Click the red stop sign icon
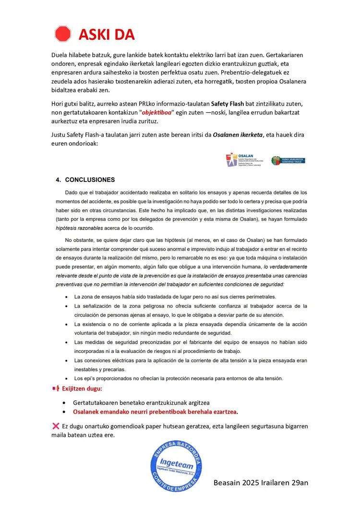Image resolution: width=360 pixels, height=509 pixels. coord(62,34)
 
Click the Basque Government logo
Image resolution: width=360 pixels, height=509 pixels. coord(288,160)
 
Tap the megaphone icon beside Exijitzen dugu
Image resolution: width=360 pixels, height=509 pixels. coord(55,388)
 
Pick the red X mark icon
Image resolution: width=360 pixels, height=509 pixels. coord(55,425)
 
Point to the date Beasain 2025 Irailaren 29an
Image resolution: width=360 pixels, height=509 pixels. coord(261,482)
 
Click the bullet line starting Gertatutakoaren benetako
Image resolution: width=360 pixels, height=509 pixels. coord(141,402)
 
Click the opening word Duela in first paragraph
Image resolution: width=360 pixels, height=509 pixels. coord(60,55)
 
